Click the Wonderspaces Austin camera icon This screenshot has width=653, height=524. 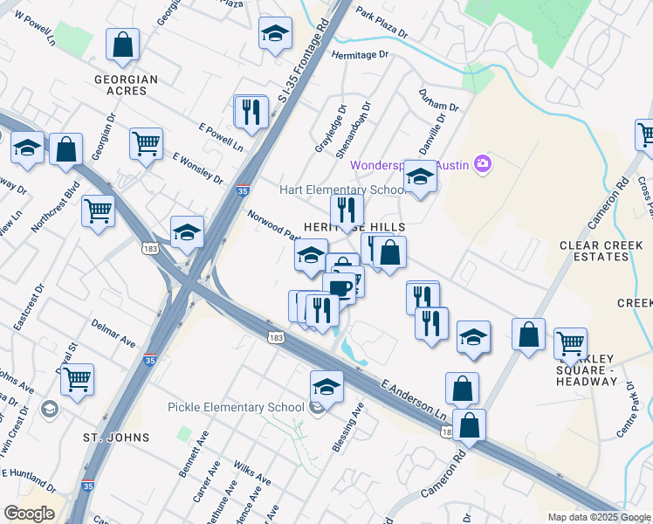coord(482,163)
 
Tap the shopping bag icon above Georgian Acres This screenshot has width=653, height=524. coord(123,45)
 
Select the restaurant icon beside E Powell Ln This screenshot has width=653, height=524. coord(250,111)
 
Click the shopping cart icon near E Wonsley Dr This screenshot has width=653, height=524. coord(146,143)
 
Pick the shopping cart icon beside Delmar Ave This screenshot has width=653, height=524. coord(77,380)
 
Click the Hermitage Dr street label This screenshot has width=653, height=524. coord(359,54)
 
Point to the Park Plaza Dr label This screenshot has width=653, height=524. coord(381,21)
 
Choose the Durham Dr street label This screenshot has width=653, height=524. coord(438,104)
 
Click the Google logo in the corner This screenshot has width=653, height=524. coord(29,514)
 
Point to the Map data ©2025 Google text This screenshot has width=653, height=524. coord(598,517)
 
